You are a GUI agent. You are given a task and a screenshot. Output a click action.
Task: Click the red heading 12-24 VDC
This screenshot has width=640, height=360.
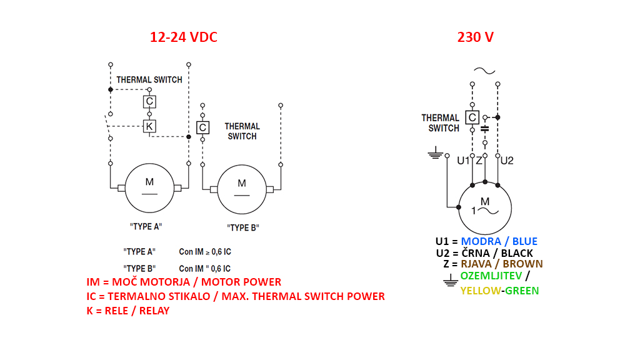(184, 37)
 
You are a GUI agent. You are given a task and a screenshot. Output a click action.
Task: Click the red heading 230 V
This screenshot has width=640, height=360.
(476, 37)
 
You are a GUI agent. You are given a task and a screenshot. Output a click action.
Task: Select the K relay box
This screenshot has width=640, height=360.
(149, 126)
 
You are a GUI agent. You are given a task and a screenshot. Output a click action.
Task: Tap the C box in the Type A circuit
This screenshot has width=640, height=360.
(149, 101)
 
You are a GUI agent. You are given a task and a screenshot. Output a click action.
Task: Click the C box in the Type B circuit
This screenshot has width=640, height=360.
(202, 127)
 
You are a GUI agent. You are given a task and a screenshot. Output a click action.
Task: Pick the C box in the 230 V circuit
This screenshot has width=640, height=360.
(472, 117)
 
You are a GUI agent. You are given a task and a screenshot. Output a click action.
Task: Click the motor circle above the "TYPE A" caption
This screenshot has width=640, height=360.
(149, 188)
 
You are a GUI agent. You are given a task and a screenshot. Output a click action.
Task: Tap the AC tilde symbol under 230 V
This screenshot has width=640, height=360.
(484, 71)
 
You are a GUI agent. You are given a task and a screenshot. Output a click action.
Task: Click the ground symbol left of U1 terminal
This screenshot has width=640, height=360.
(435, 152)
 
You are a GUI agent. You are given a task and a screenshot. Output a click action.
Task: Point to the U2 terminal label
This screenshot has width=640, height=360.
(507, 161)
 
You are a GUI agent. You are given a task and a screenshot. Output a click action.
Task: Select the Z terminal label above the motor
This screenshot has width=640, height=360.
(479, 161)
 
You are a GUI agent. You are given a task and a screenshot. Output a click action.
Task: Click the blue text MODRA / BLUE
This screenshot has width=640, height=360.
(499, 241)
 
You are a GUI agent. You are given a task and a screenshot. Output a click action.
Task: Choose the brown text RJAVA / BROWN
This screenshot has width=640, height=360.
(502, 264)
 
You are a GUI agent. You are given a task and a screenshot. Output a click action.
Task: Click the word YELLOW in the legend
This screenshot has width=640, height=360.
(479, 291)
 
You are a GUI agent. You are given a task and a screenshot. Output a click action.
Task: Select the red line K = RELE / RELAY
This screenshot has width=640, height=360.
(127, 311)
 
